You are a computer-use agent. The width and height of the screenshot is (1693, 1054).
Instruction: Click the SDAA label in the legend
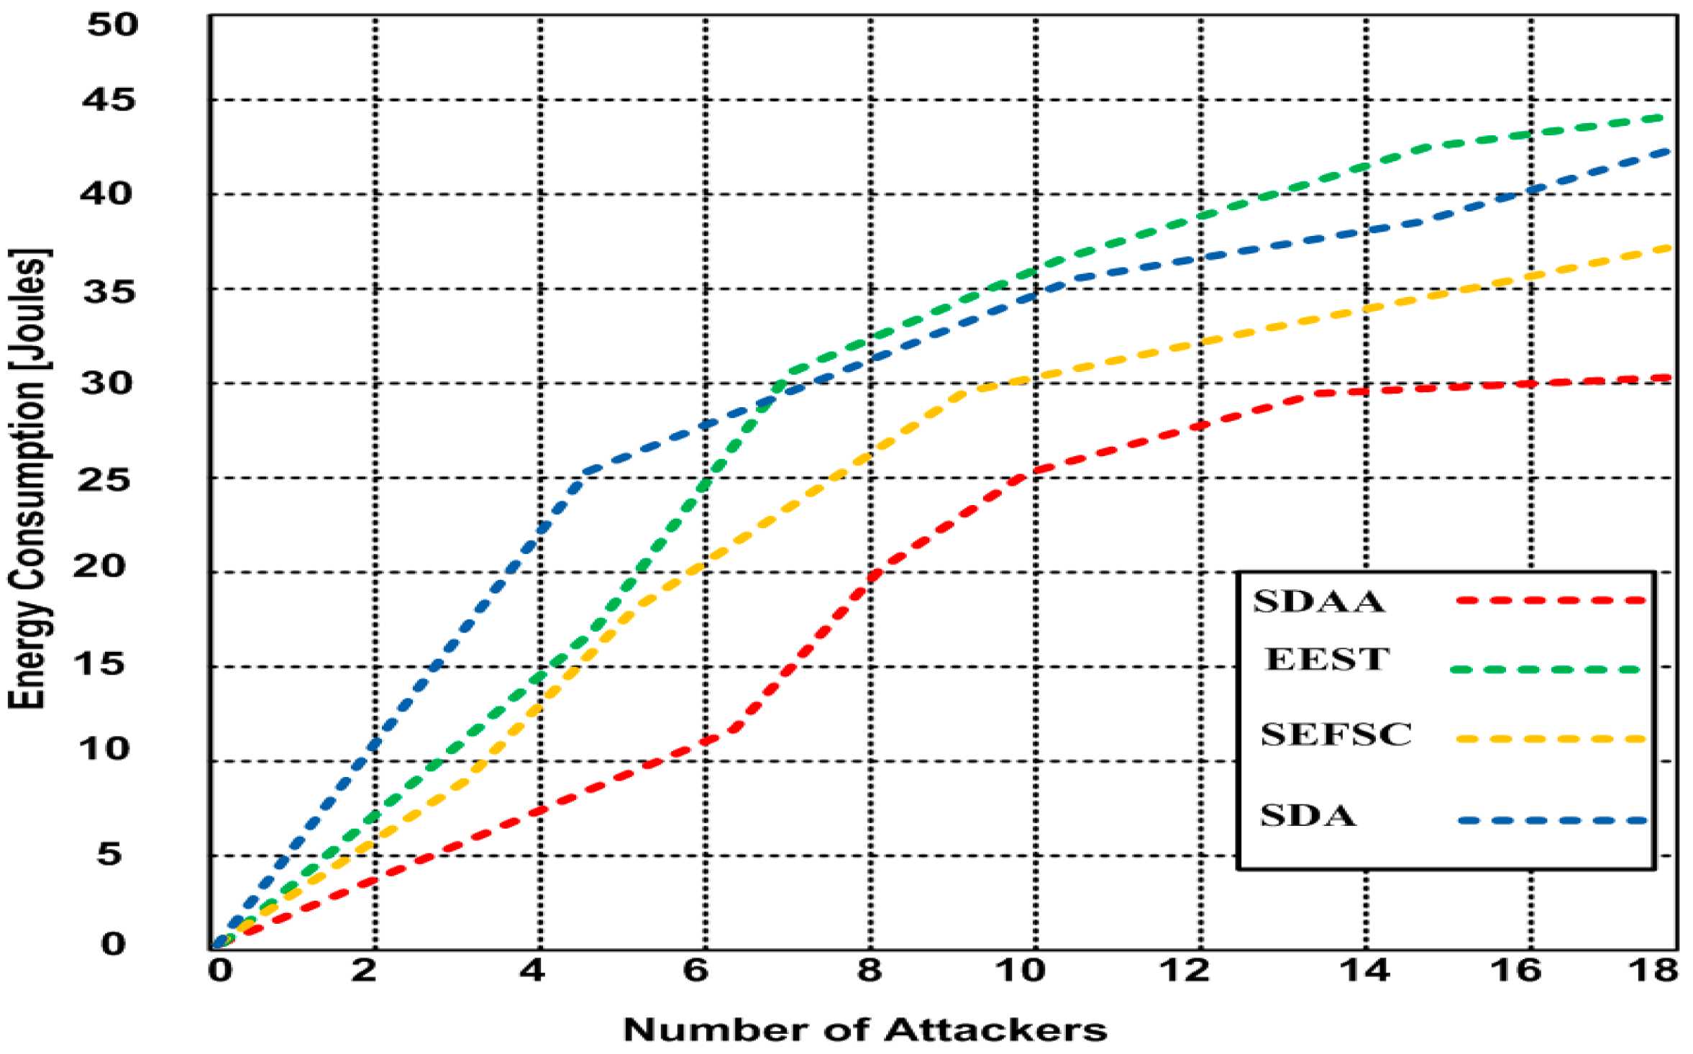click(x=1318, y=601)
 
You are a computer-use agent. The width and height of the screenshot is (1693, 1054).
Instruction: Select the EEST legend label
click(x=1326, y=659)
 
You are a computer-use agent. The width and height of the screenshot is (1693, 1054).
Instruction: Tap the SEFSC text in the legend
click(x=1336, y=735)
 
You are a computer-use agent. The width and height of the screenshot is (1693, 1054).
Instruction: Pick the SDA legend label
click(x=1308, y=815)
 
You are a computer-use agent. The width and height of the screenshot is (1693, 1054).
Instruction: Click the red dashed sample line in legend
click(x=1550, y=600)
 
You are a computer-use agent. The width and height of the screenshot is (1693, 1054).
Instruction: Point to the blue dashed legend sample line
click(x=1552, y=820)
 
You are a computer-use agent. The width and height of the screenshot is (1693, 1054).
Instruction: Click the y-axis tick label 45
click(x=108, y=100)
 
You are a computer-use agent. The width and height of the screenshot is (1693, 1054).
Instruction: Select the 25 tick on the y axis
click(x=104, y=479)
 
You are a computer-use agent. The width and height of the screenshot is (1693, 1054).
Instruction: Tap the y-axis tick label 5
click(x=109, y=854)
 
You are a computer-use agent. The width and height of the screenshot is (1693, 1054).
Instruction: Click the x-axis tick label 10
click(x=1019, y=971)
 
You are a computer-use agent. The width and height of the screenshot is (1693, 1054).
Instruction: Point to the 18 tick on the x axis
click(x=1653, y=971)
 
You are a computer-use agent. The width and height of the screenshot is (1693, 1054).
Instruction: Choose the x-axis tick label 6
click(x=695, y=971)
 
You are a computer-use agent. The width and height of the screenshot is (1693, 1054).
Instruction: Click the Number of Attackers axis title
click(x=864, y=1030)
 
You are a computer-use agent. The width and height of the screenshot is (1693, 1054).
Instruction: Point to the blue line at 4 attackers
click(x=540, y=528)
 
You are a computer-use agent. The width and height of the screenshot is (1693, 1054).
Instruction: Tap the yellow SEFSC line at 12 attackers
click(x=1201, y=342)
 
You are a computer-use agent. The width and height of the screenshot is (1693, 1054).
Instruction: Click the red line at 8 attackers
click(x=871, y=576)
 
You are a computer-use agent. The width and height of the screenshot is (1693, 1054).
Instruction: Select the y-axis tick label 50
click(x=112, y=24)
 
